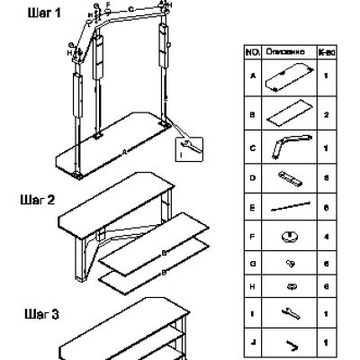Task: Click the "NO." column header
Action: (253, 53)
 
